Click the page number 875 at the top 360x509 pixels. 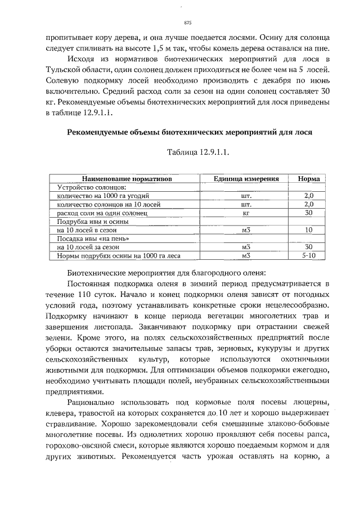click(188, 22)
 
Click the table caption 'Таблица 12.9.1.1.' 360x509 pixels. click(198, 153)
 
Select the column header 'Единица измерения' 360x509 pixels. click(246, 178)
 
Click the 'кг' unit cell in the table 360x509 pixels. click(245, 213)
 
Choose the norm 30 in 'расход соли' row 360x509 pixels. click(308, 213)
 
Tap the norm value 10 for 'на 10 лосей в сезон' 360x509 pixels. click(308, 230)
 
